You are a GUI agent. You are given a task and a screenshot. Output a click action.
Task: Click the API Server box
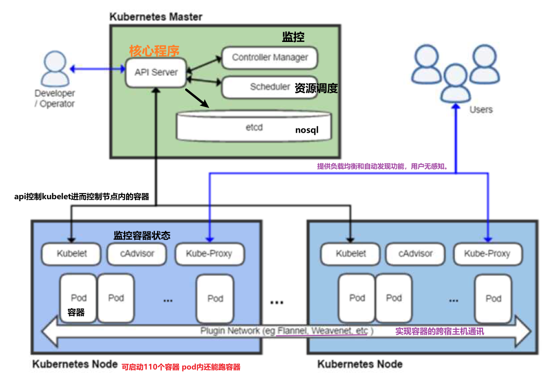coord(156,72)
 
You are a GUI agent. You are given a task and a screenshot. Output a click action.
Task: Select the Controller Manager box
coord(270,57)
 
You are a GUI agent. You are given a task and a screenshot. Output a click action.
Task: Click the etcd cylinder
coord(254,127)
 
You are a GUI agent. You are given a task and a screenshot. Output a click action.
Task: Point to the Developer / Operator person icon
coord(55,69)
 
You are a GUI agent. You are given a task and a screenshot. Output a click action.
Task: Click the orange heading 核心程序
coord(154,51)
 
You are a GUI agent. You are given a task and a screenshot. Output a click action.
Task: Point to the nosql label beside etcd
coord(307,130)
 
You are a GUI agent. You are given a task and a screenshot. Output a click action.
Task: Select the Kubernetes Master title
coord(156,17)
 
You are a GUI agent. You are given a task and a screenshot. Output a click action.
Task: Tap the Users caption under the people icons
coord(481,110)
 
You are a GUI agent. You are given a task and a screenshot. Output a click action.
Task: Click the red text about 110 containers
coord(181,367)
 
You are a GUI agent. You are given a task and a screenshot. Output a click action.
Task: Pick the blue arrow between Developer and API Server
coord(98,69)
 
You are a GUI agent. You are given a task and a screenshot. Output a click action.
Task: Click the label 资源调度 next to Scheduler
coord(316,88)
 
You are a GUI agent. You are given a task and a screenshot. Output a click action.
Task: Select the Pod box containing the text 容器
coord(78,298)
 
